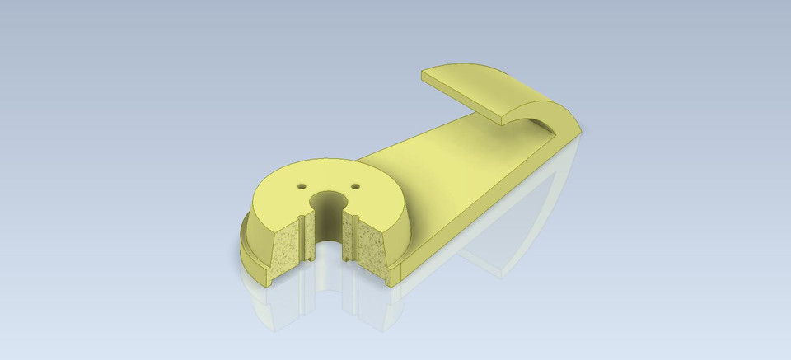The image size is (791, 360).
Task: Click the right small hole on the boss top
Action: tap(356, 186)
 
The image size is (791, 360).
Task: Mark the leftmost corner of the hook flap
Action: tap(422, 75)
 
